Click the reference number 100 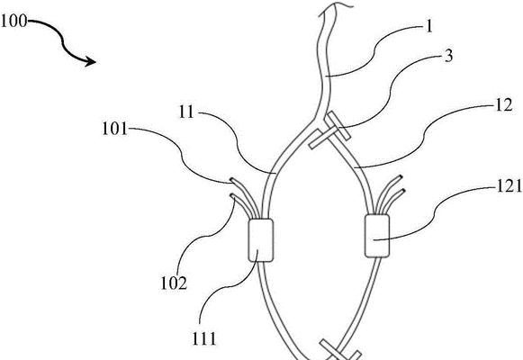pyautogui.click(x=14, y=22)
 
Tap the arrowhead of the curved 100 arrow pyautogui.click(x=91, y=61)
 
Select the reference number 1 pyautogui.click(x=429, y=26)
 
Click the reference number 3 pyautogui.click(x=449, y=56)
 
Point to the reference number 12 pyautogui.click(x=504, y=105)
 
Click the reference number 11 pyautogui.click(x=186, y=112)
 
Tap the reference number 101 pyautogui.click(x=114, y=129)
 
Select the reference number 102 pyautogui.click(x=174, y=283)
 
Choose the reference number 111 pyautogui.click(x=204, y=338)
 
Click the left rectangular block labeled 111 pyautogui.click(x=261, y=240)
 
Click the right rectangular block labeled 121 pyautogui.click(x=377, y=236)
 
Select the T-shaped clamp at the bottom pyautogui.click(x=340, y=351)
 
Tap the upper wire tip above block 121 pyautogui.click(x=401, y=177)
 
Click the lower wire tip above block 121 pyautogui.click(x=403, y=191)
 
